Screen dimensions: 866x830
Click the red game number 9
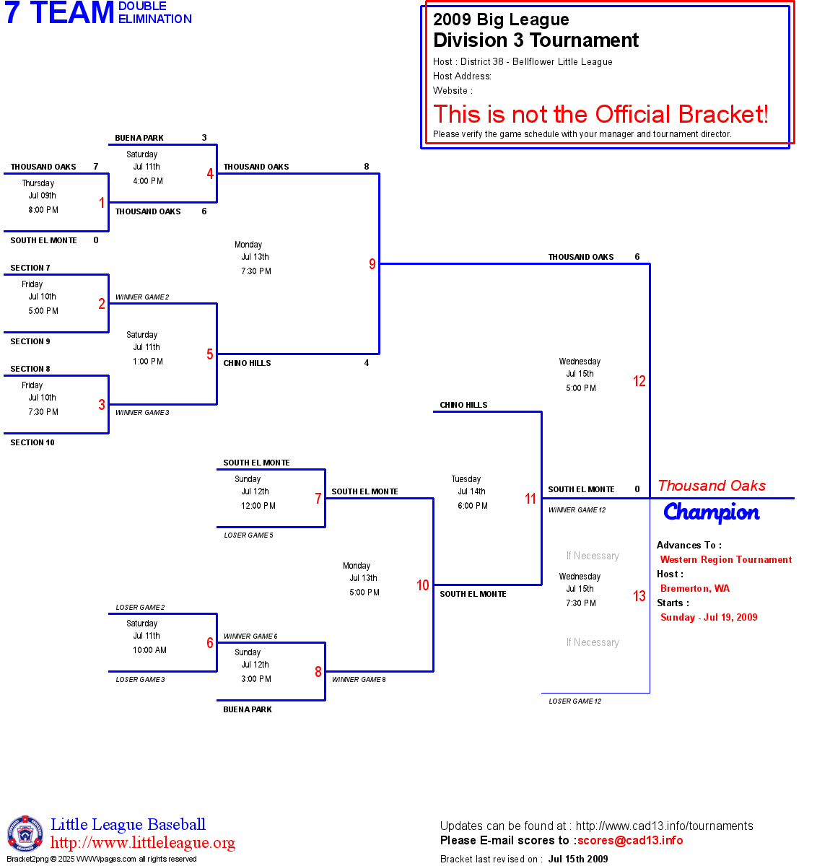point(372,264)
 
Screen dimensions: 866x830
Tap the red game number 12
point(639,381)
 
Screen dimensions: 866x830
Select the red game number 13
point(639,596)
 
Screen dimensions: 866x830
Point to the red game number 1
point(102,203)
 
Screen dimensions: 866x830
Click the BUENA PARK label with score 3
point(139,138)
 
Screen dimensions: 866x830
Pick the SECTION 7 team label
point(30,268)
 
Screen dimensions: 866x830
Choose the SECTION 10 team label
point(32,442)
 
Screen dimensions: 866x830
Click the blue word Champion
point(711,512)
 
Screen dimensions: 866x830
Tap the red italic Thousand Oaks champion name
point(712,486)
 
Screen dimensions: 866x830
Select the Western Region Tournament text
point(726,559)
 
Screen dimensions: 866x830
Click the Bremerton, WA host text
point(695,588)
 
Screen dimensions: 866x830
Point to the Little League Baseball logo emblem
point(25,834)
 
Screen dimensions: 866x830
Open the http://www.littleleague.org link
point(143,843)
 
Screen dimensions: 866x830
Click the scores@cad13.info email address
point(630,840)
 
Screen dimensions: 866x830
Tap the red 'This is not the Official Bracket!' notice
point(600,114)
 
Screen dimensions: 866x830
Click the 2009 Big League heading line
point(501,19)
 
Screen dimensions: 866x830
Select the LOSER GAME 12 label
point(575,701)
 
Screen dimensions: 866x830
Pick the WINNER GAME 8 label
point(359,680)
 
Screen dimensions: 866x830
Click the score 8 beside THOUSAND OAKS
point(367,167)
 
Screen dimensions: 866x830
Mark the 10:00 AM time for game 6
point(149,650)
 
